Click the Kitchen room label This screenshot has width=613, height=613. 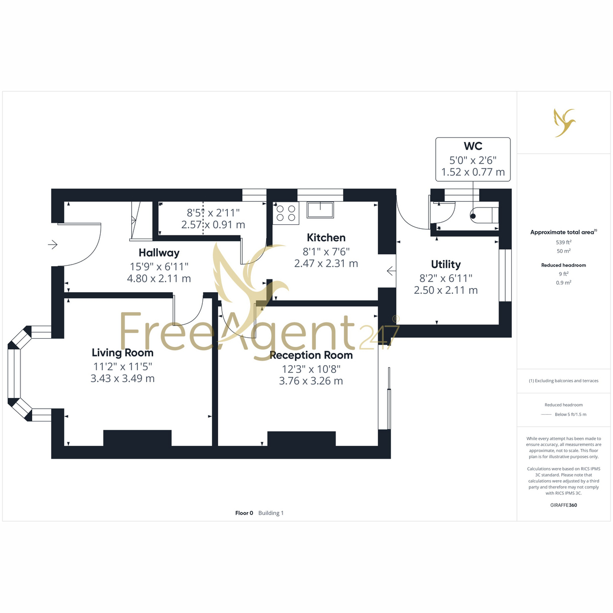tap(326, 238)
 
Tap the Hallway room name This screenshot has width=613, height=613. tap(159, 253)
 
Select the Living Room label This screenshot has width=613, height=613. tap(123, 353)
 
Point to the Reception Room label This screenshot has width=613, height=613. tap(311, 355)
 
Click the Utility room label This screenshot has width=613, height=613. tap(445, 264)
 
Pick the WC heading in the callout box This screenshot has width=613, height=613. tap(473, 146)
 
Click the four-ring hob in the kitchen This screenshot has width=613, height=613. tap(286, 213)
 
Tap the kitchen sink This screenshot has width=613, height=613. tap(320, 210)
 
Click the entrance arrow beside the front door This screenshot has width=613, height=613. tap(53, 245)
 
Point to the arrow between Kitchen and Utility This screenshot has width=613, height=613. tap(391, 271)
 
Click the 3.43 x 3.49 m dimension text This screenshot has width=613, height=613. tap(123, 379)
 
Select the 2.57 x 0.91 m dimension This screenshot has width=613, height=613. tap(213, 225)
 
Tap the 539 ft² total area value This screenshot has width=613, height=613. tap(563, 243)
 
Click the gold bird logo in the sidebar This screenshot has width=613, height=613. tap(564, 123)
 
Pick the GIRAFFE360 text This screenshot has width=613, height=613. tap(563, 505)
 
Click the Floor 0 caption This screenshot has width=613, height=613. tap(244, 513)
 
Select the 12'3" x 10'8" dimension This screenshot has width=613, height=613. tap(311, 369)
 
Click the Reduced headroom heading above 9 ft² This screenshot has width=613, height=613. tap(563, 265)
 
